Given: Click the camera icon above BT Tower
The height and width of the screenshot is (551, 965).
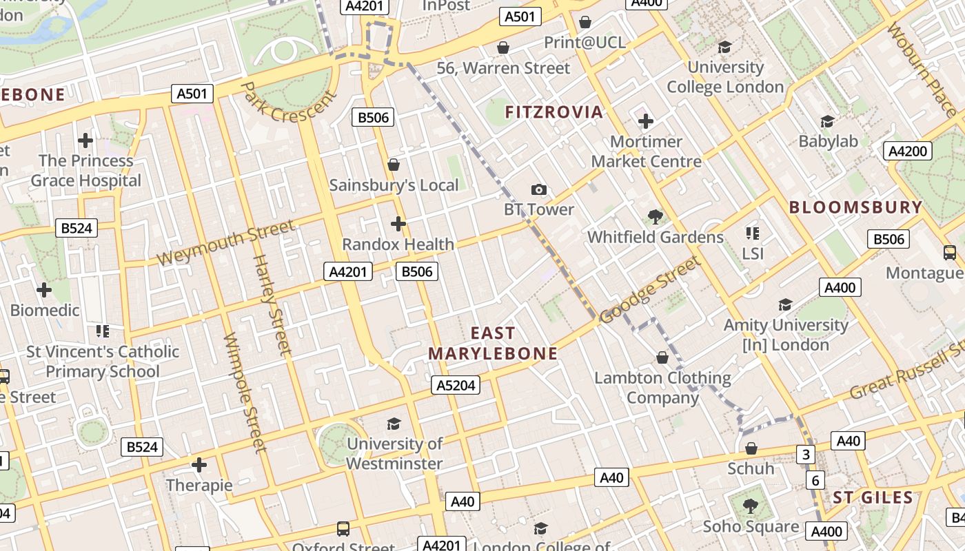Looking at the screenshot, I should pyautogui.click(x=539, y=189).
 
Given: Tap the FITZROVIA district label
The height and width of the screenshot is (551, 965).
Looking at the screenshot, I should pyautogui.click(x=554, y=112).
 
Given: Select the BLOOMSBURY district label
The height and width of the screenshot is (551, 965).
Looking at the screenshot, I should pyautogui.click(x=855, y=207).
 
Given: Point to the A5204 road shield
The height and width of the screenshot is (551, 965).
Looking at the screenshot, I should pyautogui.click(x=456, y=385).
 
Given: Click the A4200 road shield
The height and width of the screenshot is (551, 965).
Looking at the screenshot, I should pyautogui.click(x=908, y=151).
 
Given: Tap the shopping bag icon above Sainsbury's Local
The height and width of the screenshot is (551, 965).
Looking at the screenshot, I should pyautogui.click(x=394, y=165).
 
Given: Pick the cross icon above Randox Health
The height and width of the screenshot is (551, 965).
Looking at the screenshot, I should pyautogui.click(x=398, y=224).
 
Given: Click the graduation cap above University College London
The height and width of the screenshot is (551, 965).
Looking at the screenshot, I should pyautogui.click(x=724, y=47).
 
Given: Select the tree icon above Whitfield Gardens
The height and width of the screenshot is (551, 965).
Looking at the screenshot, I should pyautogui.click(x=655, y=217).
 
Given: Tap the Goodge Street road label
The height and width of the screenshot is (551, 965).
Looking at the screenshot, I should pyautogui.click(x=650, y=289).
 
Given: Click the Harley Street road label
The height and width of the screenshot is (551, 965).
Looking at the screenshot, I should pyautogui.click(x=273, y=304).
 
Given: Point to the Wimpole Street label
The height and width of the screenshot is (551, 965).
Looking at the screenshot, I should pyautogui.click(x=245, y=393).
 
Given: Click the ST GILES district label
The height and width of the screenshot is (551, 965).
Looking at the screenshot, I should pyautogui.click(x=873, y=497).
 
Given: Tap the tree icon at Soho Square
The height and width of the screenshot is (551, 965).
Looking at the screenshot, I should pyautogui.click(x=751, y=506).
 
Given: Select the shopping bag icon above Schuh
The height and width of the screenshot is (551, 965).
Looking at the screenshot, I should pyautogui.click(x=751, y=448).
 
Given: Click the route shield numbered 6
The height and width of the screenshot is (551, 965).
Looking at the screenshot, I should pyautogui.click(x=815, y=480).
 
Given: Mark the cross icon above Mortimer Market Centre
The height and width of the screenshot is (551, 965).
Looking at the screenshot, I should pyautogui.click(x=646, y=121).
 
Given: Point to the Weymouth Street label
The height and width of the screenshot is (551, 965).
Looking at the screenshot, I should pyautogui.click(x=227, y=242).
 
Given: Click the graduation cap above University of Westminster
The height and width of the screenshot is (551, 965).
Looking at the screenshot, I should pyautogui.click(x=394, y=424).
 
